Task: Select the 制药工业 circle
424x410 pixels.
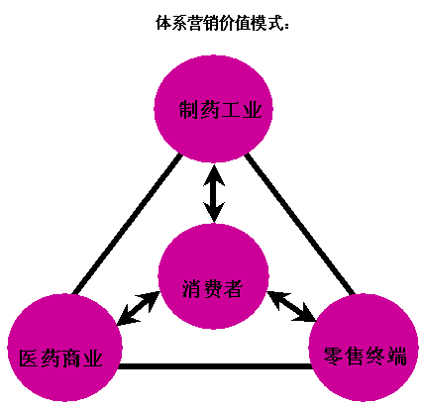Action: tap(214, 109)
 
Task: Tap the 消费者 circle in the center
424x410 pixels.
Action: tap(213, 276)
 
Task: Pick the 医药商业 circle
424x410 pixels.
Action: tap(64, 348)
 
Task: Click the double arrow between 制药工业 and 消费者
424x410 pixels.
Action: tap(214, 193)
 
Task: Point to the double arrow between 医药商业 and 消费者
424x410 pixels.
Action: tap(139, 308)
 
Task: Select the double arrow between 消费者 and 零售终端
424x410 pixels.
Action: tap(291, 306)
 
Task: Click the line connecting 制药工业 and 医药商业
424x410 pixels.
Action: tap(127, 224)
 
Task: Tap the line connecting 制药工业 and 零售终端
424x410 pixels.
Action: tap(299, 224)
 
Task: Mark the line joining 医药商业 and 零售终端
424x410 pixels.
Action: tap(215, 366)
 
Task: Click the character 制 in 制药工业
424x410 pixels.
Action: tap(189, 109)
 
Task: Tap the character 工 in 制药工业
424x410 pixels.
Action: tap(232, 110)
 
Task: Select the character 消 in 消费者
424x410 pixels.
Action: tap(192, 288)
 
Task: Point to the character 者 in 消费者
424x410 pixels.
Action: tap(234, 288)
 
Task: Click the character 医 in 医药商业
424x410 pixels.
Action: tap(29, 359)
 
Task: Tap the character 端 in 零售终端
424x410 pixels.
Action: tap(396, 357)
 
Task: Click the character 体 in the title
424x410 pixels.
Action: tap(163, 23)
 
